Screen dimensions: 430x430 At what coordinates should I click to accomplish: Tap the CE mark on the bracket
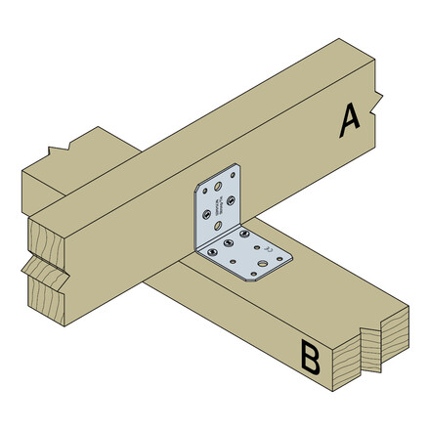(x=268, y=248)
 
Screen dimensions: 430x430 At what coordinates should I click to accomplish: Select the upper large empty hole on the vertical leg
(x=218, y=186)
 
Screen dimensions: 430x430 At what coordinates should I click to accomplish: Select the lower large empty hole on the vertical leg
(x=218, y=225)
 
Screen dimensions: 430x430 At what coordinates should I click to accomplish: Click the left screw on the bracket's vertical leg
(x=205, y=214)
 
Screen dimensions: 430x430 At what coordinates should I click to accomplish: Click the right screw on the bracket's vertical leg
(x=231, y=200)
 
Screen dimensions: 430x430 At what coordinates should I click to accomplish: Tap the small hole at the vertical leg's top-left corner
(x=204, y=191)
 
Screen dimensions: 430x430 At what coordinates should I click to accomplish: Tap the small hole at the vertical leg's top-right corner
(x=233, y=175)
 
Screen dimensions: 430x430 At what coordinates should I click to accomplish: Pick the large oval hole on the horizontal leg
(x=262, y=263)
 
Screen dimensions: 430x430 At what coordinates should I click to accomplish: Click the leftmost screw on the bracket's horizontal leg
(x=212, y=251)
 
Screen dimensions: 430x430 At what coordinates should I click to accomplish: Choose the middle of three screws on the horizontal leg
(x=229, y=242)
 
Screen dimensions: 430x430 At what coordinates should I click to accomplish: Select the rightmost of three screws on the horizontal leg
(x=244, y=234)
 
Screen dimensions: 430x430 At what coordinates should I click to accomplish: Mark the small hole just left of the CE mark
(x=257, y=247)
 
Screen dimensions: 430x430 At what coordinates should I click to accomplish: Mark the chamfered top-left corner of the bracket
(x=198, y=185)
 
